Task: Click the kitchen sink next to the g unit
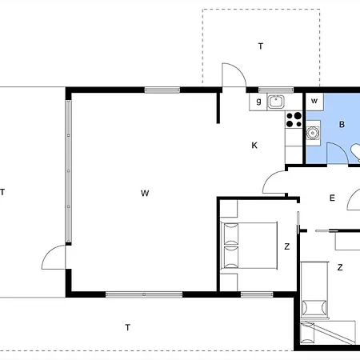tap(276, 102)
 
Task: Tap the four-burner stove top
tap(294, 120)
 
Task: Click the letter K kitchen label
tap(254, 146)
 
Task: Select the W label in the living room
tap(145, 193)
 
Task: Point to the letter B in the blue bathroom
tap(342, 124)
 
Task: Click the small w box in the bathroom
tap(314, 102)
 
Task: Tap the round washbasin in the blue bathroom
tap(311, 133)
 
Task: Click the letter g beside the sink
tap(258, 102)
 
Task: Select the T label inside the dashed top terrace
tap(261, 46)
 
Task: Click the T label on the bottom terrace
tap(128, 327)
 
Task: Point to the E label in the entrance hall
tap(332, 198)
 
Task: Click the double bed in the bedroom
tap(249, 246)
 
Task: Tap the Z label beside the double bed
tap(287, 246)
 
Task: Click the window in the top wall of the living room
tap(162, 90)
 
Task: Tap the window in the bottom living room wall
tap(144, 294)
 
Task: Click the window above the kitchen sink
tap(276, 90)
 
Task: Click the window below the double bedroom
tap(257, 294)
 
